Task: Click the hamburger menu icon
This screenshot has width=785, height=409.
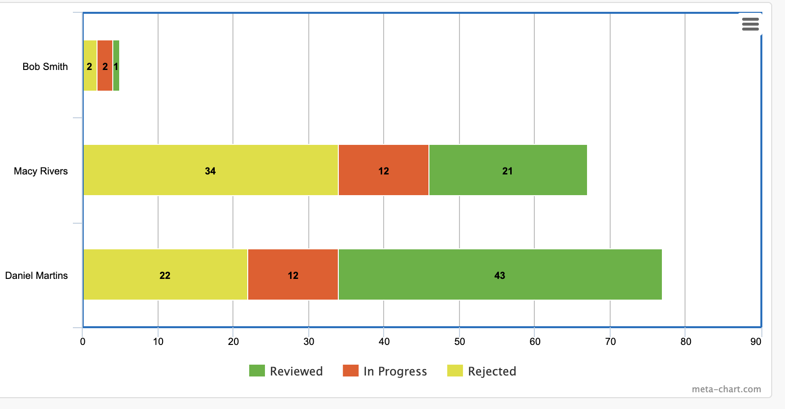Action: pos(750,24)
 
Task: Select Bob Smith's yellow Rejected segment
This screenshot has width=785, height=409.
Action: pos(90,66)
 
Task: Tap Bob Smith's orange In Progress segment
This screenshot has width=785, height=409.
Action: pos(105,66)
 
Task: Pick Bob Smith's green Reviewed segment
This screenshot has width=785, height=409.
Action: pos(116,66)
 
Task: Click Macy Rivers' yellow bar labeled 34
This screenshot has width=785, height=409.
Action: pos(210,170)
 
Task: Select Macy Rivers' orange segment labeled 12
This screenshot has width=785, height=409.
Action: pos(384,170)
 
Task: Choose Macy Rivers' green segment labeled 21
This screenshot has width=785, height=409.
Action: pos(508,170)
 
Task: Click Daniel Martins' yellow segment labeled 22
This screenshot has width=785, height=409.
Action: pos(165,274)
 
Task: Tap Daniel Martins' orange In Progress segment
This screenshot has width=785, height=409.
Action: pos(293,274)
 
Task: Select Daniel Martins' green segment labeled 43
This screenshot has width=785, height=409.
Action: pos(500,274)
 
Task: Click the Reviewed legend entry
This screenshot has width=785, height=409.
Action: pos(286,371)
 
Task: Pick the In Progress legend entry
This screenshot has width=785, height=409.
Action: pos(385,371)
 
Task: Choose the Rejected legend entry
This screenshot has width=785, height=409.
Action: pos(482,371)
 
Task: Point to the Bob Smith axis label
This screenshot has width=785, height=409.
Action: pos(45,67)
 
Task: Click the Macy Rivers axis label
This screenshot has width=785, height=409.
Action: pos(40,171)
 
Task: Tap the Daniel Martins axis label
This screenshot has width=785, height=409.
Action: pos(36,275)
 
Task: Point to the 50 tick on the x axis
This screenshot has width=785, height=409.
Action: pos(459,341)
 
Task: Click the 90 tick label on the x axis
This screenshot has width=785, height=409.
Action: pos(755,341)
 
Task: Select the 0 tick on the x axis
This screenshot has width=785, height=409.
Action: pos(83,341)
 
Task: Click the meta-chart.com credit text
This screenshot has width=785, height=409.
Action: pos(726,389)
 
